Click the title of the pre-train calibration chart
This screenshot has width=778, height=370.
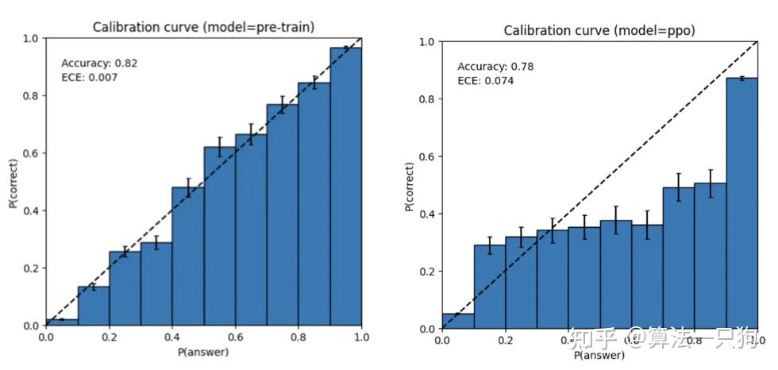[x=203, y=26]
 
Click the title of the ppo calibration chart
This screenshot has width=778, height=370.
[x=599, y=30]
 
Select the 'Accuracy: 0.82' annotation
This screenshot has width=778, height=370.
[x=100, y=63]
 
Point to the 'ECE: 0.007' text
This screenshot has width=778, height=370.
[x=90, y=77]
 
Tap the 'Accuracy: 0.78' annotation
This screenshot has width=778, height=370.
[x=495, y=67]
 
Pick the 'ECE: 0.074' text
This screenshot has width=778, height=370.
[x=485, y=80]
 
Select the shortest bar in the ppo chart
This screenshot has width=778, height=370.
[x=457, y=321]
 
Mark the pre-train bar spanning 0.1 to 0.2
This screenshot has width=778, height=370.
[x=94, y=306]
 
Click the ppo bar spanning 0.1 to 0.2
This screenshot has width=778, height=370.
[x=489, y=287]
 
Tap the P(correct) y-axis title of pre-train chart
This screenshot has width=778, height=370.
[x=14, y=182]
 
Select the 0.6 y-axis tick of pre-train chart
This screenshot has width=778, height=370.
[x=29, y=153]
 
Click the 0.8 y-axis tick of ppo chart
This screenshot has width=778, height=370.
[x=426, y=99]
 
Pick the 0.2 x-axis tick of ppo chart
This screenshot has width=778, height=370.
[x=505, y=342]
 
